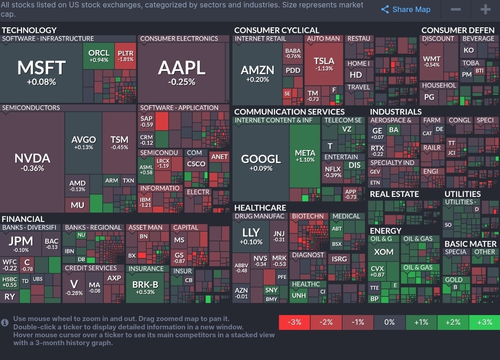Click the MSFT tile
pos(41,72)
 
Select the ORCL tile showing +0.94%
pos(99,56)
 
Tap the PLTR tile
pos(125,56)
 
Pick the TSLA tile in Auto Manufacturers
pos(324,64)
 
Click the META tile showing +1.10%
pos(305,156)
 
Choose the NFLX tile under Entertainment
pos(333,172)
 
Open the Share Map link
pos(406,10)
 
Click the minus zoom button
pos(455,10)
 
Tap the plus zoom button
pos(485,10)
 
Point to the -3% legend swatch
pos(294,322)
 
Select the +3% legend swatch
pos(484,322)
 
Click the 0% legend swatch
pos(389,322)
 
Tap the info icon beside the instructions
pos(5,322)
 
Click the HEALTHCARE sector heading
pos(260,208)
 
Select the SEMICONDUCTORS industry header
pos(31,107)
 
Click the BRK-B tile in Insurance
pos(145,286)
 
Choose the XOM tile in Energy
pos(384,252)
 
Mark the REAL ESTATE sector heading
pos(394,194)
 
